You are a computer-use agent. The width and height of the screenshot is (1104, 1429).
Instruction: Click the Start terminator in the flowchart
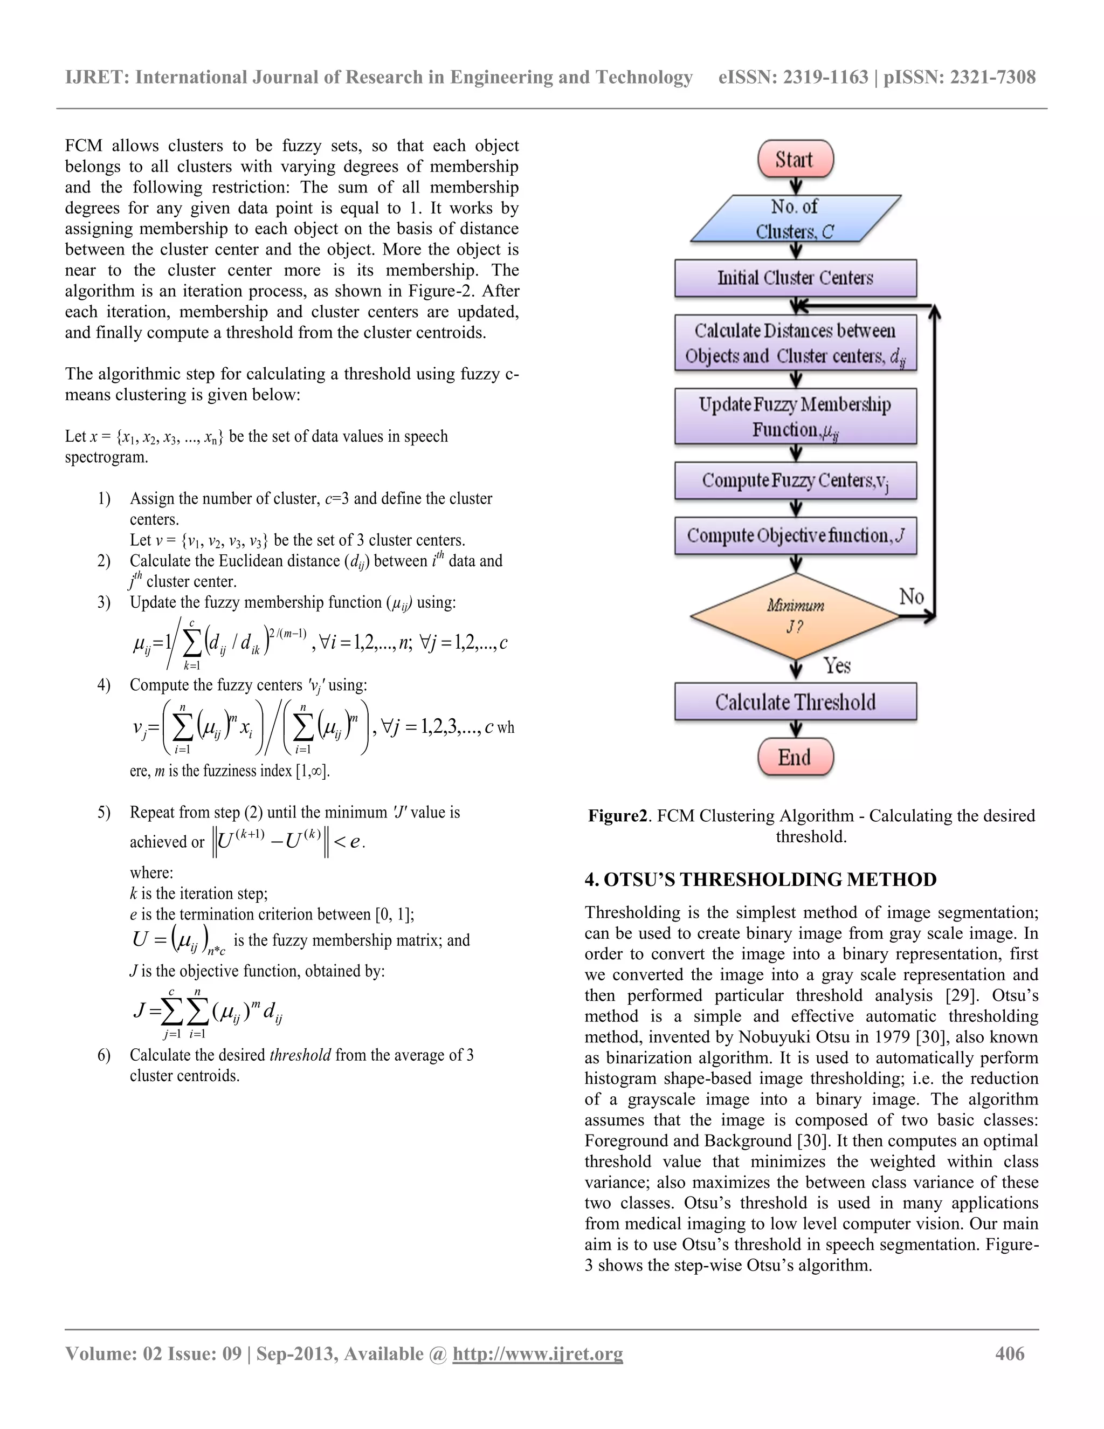coord(795,159)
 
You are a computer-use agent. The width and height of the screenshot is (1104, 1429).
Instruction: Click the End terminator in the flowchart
coord(795,757)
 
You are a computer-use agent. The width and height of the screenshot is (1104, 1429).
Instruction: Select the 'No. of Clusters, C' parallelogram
coord(795,218)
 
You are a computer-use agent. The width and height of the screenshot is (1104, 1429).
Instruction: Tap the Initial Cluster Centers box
coord(795,278)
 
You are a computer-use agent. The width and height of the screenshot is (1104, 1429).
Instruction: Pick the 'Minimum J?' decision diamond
coord(795,616)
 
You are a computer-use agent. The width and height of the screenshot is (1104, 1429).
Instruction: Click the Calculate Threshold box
coord(795,702)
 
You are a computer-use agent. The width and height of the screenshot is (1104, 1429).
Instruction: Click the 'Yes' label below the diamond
coord(837,665)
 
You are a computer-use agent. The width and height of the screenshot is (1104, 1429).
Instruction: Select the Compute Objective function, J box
coord(795,536)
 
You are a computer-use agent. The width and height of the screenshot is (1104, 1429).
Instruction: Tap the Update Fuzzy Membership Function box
coord(795,416)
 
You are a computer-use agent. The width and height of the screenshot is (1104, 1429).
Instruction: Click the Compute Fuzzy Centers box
coord(795,481)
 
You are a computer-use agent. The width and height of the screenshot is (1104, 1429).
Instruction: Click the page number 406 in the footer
coord(1009,1354)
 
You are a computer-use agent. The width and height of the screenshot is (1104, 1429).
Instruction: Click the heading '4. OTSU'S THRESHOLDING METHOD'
coord(760,880)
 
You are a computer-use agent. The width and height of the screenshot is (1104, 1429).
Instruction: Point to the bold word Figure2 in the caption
coord(617,816)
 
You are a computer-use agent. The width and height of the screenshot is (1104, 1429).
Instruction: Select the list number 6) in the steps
coord(104,1055)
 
